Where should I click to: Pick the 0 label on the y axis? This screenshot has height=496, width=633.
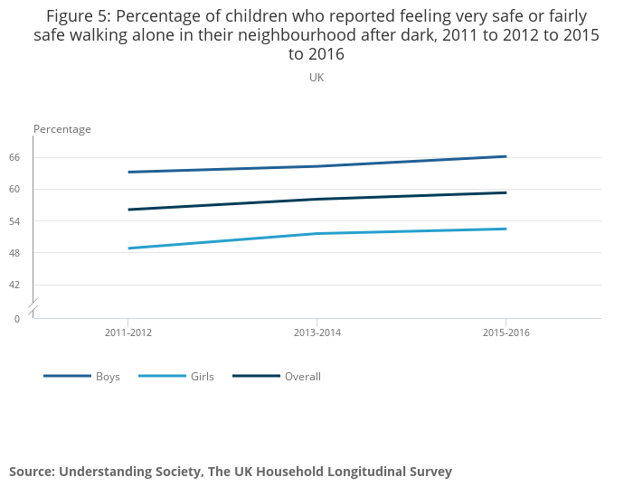click(16, 319)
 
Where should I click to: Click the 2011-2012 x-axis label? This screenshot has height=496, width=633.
click(128, 333)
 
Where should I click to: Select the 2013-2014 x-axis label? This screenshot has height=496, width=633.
click(317, 333)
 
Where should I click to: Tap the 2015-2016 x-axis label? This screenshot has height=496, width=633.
click(506, 333)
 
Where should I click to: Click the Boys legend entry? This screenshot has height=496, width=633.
click(108, 377)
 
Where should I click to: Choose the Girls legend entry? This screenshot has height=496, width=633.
click(203, 377)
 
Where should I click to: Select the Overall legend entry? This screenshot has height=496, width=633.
click(302, 377)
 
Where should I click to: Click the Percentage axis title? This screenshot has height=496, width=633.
click(62, 129)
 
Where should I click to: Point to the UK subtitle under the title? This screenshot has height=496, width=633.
click(316, 78)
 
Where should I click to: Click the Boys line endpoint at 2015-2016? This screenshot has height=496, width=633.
click(505, 156)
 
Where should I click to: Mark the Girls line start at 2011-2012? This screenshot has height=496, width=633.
click(128, 248)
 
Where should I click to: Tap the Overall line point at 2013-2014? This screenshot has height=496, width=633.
click(317, 199)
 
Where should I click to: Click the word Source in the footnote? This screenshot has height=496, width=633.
click(31, 472)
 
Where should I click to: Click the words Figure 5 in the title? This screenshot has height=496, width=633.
click(78, 17)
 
